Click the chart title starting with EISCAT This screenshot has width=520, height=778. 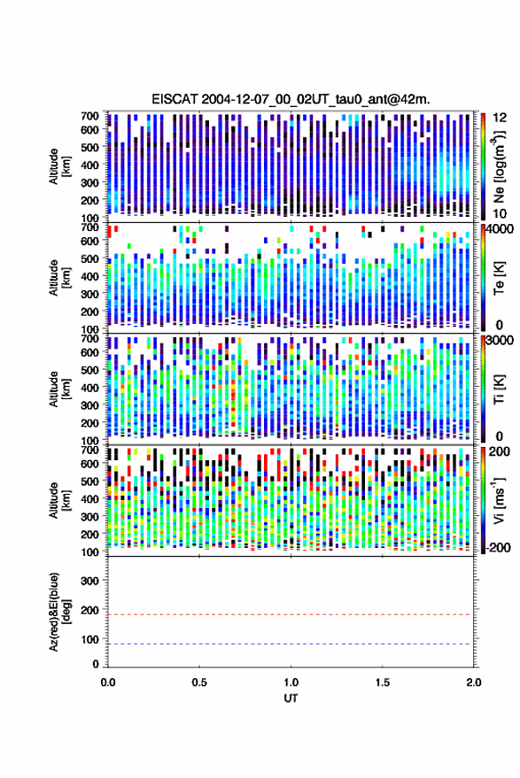[291, 99]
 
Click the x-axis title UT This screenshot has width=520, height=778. [291, 698]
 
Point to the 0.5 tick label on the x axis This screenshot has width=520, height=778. [199, 682]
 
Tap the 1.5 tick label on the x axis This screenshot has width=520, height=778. [383, 682]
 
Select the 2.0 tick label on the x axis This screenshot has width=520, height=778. [474, 682]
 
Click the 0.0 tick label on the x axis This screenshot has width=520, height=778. [108, 682]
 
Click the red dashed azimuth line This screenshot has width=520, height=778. [291, 615]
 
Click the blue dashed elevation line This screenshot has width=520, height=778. [291, 644]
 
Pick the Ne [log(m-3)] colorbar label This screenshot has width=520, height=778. [499, 166]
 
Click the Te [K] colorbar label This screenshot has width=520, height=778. [499, 279]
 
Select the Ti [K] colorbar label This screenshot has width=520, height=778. [499, 389]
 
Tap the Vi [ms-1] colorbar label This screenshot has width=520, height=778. [499, 500]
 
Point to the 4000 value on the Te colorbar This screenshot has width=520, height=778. [501, 230]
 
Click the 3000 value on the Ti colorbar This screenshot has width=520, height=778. [501, 341]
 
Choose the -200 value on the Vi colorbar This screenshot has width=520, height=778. [499, 548]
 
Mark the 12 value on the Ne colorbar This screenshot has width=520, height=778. [501, 118]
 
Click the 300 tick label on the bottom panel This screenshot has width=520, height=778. [89, 581]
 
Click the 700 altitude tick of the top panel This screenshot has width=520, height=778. [89, 116]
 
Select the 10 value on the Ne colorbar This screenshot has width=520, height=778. [500, 214]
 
